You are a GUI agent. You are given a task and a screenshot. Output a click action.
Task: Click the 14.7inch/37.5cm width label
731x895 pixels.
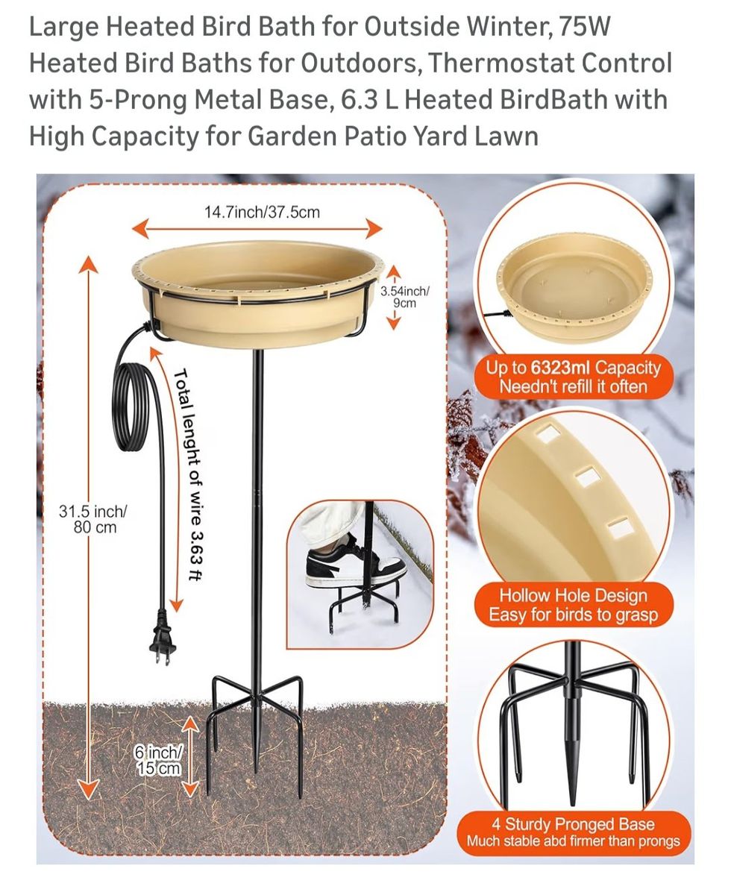[262, 212]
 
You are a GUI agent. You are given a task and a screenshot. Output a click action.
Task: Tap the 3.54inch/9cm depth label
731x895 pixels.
[404, 297]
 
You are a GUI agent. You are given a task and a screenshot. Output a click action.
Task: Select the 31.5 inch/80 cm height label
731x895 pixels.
[93, 519]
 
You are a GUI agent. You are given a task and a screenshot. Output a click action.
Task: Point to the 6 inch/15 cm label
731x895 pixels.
[158, 760]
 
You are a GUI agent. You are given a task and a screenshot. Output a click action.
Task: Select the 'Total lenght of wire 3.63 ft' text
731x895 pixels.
[189, 474]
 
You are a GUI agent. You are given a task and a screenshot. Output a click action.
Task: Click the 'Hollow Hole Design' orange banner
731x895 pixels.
[574, 605]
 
